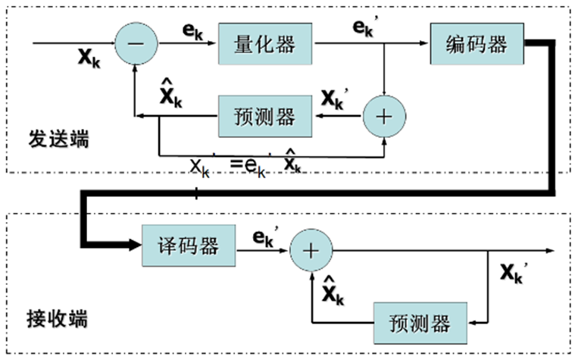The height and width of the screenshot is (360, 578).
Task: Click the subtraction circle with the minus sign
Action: tap(136, 44)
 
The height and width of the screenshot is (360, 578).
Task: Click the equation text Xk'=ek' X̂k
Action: tap(246, 164)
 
